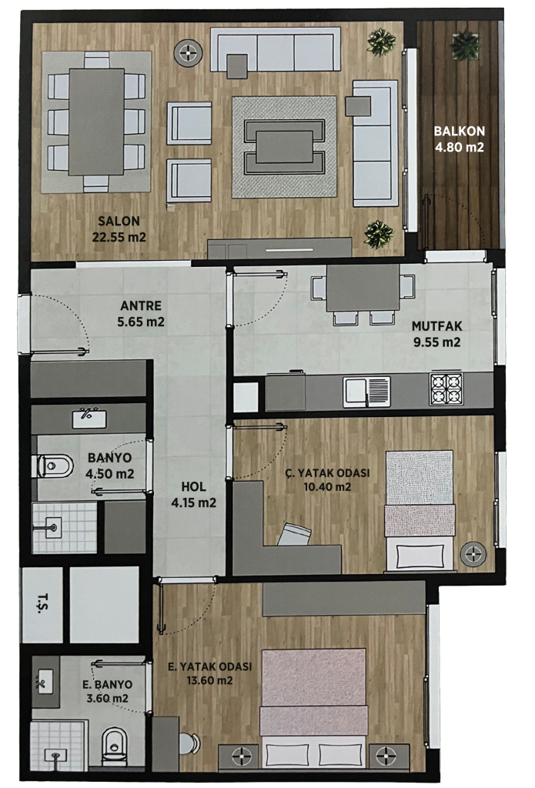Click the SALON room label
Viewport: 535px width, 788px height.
[x=119, y=221]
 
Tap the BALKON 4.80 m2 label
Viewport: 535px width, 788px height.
[x=459, y=139]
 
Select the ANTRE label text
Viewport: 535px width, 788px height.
[x=141, y=306]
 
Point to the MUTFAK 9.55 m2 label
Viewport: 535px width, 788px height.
[x=436, y=334]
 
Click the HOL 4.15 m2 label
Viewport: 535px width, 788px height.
[x=193, y=495]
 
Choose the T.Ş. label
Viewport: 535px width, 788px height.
[x=43, y=603]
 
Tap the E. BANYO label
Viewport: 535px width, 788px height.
[x=108, y=684]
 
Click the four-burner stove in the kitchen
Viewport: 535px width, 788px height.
[x=446, y=389]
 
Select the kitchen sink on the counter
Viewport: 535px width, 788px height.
[x=366, y=392]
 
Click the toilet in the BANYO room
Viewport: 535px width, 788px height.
[x=53, y=466]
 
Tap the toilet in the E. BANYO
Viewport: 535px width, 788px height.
[x=114, y=744]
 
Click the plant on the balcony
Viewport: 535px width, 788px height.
[x=465, y=45]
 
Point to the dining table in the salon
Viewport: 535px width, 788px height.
[x=96, y=122]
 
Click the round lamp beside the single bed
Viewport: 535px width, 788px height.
[x=473, y=555]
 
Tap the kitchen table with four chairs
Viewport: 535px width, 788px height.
[x=363, y=293]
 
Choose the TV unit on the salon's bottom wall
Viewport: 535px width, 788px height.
[x=279, y=249]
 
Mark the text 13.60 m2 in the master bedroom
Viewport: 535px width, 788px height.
[x=209, y=681]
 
